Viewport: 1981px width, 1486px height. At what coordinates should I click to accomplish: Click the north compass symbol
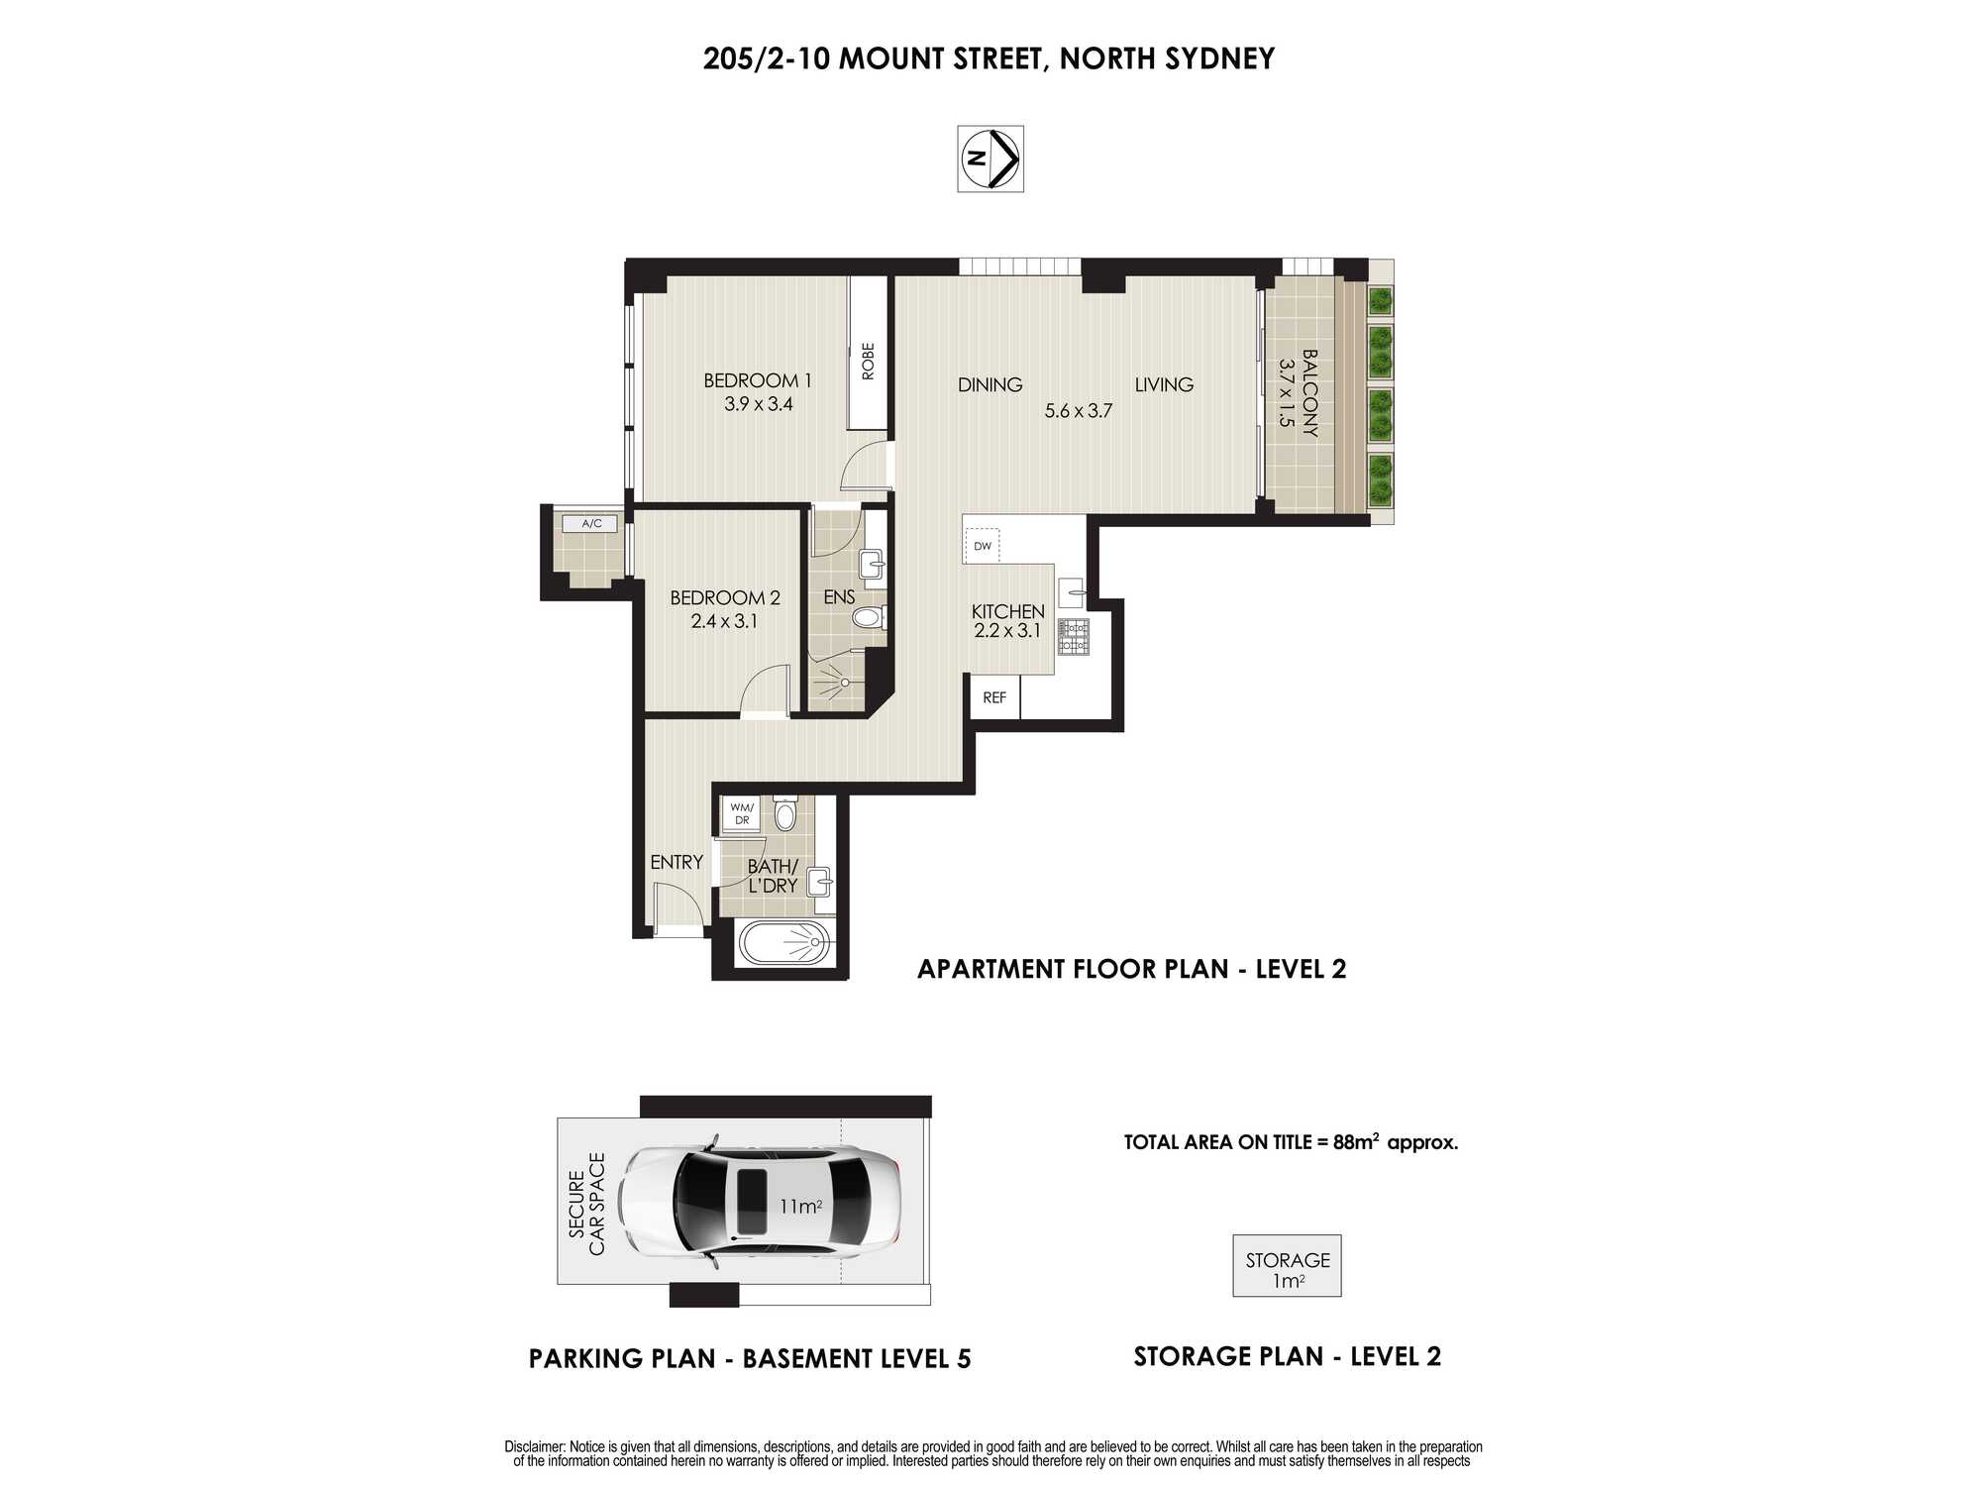point(990,159)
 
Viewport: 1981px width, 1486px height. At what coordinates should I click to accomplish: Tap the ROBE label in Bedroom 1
point(869,362)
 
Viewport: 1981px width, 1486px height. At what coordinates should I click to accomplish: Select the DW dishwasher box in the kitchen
point(982,546)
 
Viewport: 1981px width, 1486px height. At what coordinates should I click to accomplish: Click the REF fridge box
point(994,697)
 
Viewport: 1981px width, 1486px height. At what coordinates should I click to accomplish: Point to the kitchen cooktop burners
point(1074,637)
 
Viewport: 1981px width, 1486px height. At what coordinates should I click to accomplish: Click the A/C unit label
point(591,523)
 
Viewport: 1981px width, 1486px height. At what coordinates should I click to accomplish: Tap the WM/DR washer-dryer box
point(742,813)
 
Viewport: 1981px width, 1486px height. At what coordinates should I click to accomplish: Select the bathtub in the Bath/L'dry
point(783,943)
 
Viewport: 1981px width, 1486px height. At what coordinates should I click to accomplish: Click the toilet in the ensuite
point(869,618)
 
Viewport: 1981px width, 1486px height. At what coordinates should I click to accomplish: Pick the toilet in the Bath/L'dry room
point(785,813)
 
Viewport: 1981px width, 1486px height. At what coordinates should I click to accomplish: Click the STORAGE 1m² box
point(1287,1266)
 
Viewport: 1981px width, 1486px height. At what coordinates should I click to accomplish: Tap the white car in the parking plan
point(760,1204)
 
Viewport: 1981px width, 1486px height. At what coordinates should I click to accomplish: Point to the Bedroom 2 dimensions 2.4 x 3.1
point(724,622)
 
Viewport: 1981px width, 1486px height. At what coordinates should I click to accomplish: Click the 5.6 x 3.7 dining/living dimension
point(1079,410)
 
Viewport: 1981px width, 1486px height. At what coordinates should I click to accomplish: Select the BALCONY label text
point(1309,393)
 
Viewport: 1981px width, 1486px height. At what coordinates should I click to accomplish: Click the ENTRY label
point(677,863)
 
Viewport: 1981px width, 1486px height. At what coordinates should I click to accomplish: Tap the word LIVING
point(1164,384)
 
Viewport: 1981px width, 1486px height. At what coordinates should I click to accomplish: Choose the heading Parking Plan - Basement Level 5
point(750,1358)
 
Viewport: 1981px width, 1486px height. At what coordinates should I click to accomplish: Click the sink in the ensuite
point(872,564)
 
